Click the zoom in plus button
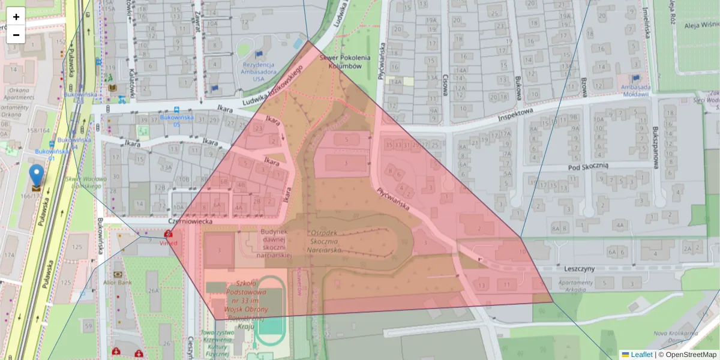16,17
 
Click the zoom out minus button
16,35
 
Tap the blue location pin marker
37,176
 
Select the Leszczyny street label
578,269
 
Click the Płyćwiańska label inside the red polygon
393,200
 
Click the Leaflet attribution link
641,355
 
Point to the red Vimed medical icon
169,235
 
